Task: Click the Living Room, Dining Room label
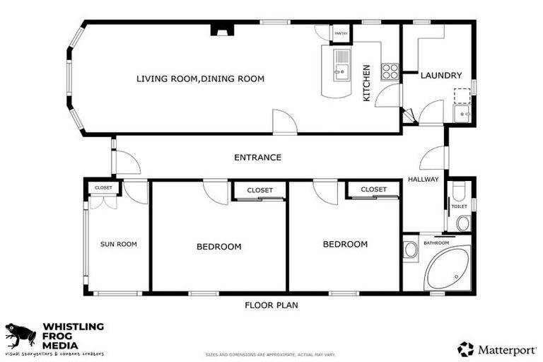[x=200, y=78]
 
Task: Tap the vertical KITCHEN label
[x=366, y=83]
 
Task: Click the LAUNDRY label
[x=441, y=76]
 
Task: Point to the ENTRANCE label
[x=258, y=158]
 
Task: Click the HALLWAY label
[x=424, y=180]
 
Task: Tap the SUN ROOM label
[x=118, y=244]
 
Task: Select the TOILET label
[x=460, y=206]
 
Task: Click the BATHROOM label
[x=436, y=243]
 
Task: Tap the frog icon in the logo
[x=21, y=334]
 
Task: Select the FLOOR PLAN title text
[x=271, y=305]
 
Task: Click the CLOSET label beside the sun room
[x=103, y=188]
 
